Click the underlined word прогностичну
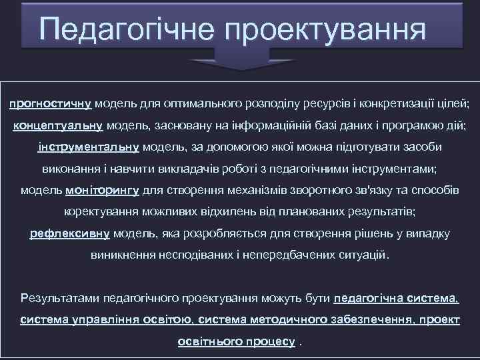pyautogui.click(x=51, y=104)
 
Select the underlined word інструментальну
pyautogui.click(x=88, y=147)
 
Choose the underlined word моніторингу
pyautogui.click(x=102, y=190)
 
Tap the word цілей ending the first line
pyautogui.click(x=456, y=104)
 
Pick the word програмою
pyautogui.click(x=407, y=125)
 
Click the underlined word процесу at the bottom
pyautogui.click(x=275, y=341)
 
